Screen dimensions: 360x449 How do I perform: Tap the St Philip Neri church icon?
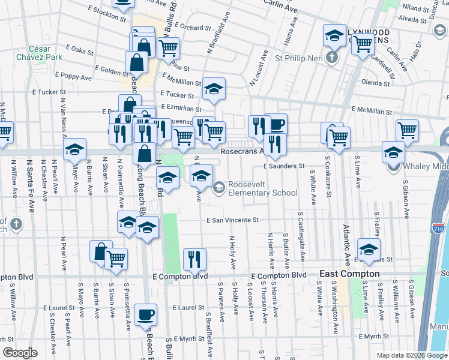coord(330,59)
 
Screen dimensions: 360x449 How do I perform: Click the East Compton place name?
coord(349,274)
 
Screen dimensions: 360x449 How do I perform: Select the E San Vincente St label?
coord(232,220)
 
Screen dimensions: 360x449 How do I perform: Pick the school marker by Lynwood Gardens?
coord(334,35)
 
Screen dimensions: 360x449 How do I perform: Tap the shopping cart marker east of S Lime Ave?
coord(408,130)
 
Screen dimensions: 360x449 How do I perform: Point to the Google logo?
coord(20,353)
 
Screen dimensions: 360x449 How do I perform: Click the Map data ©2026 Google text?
coord(411,355)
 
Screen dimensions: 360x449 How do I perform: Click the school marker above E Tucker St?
coord(213,89)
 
